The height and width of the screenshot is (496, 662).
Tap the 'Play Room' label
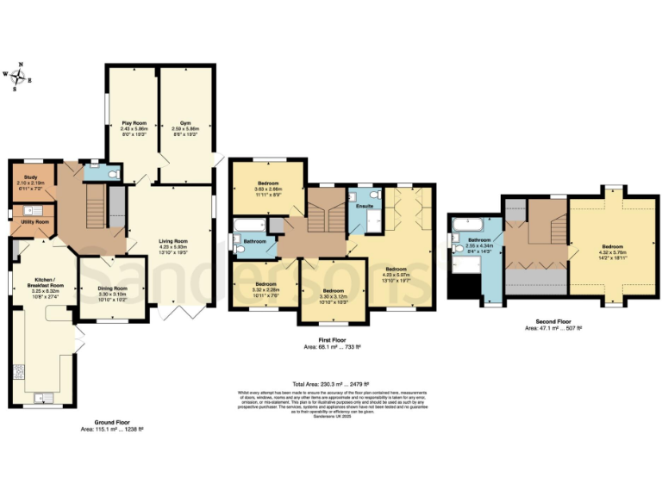[132, 124]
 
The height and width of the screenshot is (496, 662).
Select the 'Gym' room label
[185, 124]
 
